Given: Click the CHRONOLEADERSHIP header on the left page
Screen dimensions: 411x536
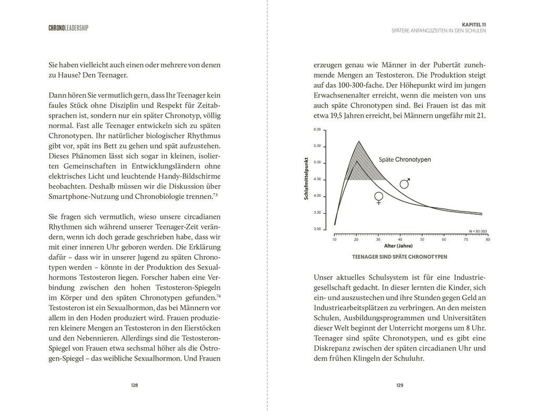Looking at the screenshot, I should click(68, 28).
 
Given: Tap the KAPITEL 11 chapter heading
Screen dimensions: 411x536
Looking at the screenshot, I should click(474, 24).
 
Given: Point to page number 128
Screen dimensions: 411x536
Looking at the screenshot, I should click(134, 385).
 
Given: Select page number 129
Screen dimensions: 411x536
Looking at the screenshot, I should click(399, 385).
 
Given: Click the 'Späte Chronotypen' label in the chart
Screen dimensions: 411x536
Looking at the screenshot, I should click(405, 160).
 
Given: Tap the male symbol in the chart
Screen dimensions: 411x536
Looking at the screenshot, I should click(405, 183).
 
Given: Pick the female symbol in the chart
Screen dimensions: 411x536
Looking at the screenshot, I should click(378, 198).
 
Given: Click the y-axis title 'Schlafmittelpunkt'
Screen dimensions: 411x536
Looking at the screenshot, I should click(306, 178).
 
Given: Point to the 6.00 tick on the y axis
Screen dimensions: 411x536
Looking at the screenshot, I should click(317, 129).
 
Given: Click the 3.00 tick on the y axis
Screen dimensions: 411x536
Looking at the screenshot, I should click(317, 229).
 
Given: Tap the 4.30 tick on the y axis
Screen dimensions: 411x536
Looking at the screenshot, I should click(317, 179).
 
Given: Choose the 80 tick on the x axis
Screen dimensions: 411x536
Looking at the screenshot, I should click(488, 239).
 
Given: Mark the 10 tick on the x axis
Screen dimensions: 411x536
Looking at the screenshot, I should click(334, 239).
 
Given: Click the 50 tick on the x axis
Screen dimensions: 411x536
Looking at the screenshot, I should click(422, 239).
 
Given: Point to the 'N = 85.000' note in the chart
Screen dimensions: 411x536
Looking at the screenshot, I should click(478, 231).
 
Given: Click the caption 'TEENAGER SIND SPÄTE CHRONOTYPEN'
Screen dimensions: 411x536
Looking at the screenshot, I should click(399, 257).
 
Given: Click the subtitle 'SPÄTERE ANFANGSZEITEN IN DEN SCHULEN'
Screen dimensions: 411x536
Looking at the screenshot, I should click(439, 30).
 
